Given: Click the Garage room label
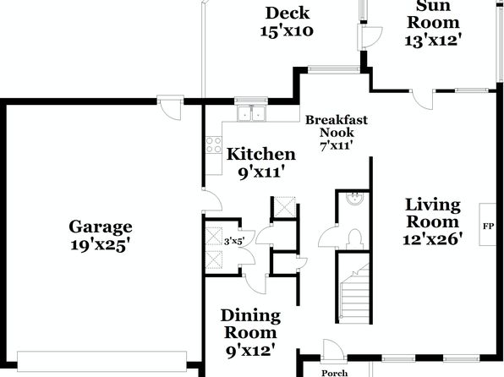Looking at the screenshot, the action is pyautogui.click(x=101, y=236).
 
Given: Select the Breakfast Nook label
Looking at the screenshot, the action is pyautogui.click(x=337, y=133).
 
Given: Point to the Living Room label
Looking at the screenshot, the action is pyautogui.click(x=433, y=221).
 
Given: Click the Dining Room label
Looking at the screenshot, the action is pyautogui.click(x=250, y=333).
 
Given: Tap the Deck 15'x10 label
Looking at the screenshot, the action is pyautogui.click(x=287, y=22).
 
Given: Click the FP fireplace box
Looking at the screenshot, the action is pyautogui.click(x=488, y=224).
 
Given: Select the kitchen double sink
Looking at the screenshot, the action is pyautogui.click(x=251, y=113).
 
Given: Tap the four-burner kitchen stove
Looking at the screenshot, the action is pyautogui.click(x=213, y=145).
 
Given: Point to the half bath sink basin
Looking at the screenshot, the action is pyautogui.click(x=355, y=199).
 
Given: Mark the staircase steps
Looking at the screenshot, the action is pyautogui.click(x=355, y=292).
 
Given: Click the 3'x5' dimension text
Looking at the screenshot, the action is pyautogui.click(x=234, y=241).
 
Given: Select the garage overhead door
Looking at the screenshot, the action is pyautogui.click(x=101, y=362).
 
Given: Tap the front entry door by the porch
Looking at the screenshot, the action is pyautogui.click(x=334, y=350).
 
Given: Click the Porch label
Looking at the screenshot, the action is pyautogui.click(x=335, y=373).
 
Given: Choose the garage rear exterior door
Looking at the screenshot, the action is pyautogui.click(x=170, y=108).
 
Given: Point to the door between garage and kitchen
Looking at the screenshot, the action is pyautogui.click(x=212, y=199).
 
